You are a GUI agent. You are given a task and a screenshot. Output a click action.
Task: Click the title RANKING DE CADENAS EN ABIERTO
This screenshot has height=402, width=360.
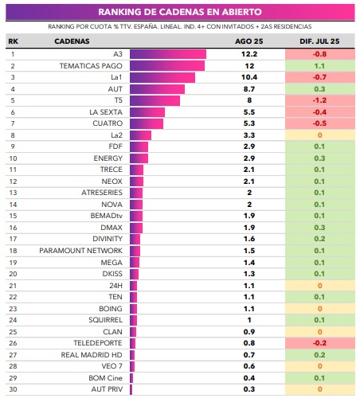[x=180, y=12]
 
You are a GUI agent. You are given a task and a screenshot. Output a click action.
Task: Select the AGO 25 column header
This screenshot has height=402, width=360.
[x=249, y=41]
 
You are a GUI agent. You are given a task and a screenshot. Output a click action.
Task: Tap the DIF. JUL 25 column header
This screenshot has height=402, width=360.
[x=319, y=41]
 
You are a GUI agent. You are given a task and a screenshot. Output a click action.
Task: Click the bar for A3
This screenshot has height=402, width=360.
[x=168, y=54]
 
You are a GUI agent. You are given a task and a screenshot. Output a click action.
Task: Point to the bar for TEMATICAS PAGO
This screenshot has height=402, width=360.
[x=167, y=66]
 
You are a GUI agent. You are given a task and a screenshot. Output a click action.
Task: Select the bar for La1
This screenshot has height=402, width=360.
[x=162, y=77]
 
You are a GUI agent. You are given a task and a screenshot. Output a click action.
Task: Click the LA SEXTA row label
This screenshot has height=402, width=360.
[x=106, y=112]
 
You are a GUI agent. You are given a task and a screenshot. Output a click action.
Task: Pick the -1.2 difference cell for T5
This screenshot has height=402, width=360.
[x=320, y=100]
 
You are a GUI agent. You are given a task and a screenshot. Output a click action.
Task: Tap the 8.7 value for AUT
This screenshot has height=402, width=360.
[x=249, y=89]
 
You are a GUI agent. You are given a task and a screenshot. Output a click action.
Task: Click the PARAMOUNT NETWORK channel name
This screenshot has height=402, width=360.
[x=81, y=251]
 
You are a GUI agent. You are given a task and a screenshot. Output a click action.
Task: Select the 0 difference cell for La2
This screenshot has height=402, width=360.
[x=320, y=135]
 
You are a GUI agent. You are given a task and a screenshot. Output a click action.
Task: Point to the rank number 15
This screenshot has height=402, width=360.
[x=13, y=216]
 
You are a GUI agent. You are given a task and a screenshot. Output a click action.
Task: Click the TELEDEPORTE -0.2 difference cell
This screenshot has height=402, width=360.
[x=320, y=343]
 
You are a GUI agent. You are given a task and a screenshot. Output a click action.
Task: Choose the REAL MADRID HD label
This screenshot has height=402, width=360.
[x=92, y=355]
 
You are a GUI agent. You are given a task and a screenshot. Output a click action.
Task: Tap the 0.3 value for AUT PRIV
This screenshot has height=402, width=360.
[x=249, y=389]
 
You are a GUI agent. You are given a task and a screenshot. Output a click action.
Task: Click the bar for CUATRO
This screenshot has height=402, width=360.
[x=147, y=123]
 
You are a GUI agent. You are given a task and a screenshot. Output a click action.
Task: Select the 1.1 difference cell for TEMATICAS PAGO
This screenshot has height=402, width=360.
[x=320, y=66]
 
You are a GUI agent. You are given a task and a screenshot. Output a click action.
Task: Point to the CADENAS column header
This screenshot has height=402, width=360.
[x=72, y=41]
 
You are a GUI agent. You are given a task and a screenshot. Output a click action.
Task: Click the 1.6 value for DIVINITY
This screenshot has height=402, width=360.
[x=249, y=239]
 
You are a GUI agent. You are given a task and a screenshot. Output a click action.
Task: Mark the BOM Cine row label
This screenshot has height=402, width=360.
[x=106, y=378]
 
